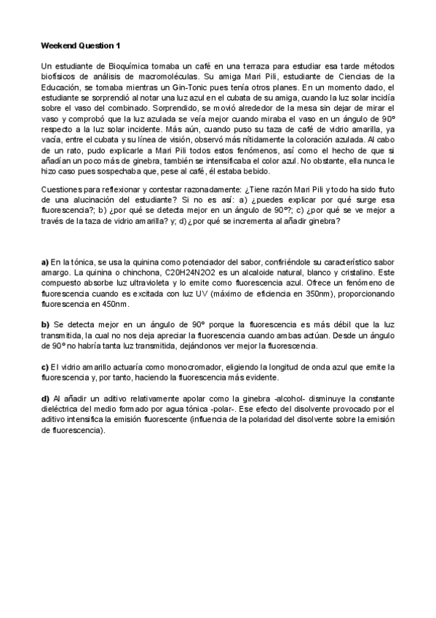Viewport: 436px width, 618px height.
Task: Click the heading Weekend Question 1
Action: [81, 45]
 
